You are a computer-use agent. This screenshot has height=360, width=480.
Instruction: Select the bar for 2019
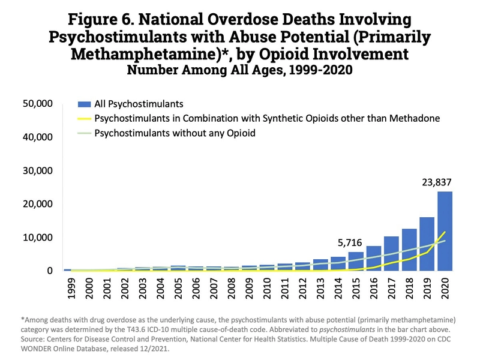pyautogui.click(x=427, y=244)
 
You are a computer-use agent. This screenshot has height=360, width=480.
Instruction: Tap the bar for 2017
pyautogui.click(x=391, y=254)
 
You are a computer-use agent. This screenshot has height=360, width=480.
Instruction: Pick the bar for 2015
pyautogui.click(x=356, y=262)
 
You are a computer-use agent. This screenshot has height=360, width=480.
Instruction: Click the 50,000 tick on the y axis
pyautogui.click(x=38, y=104)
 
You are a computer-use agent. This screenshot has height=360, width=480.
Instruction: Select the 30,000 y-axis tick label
pyautogui.click(x=38, y=171)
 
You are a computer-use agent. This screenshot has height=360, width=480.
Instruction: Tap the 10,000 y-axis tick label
pyautogui.click(x=38, y=238)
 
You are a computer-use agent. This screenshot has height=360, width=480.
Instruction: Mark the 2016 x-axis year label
pyautogui.click(x=374, y=290)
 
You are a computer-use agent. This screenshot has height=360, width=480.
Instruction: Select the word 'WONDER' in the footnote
pyautogui.click(x=31, y=346)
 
